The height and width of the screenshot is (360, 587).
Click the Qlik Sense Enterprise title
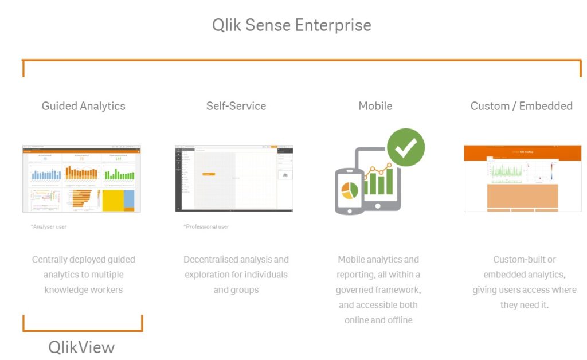pos(292,25)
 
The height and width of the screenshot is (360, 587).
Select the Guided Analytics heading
pos(83,106)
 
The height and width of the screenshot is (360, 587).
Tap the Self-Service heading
pos(236,106)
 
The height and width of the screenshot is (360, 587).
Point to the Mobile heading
pos(375,106)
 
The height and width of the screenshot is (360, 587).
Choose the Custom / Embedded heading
pos(521,106)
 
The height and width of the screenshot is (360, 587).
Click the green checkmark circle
pos(406,147)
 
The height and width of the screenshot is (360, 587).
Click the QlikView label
pos(81,347)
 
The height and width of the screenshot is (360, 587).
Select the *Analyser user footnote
pos(49,227)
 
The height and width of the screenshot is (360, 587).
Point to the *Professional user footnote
pos(206,227)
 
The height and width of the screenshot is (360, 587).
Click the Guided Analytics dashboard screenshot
pos(81,179)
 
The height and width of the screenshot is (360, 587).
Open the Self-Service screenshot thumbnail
pos(234,179)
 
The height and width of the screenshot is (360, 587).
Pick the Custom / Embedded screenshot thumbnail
pos(522,179)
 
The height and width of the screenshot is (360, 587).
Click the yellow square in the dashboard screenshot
pos(112,200)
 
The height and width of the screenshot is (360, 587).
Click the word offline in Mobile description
pos(399,320)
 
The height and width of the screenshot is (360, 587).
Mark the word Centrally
pos(50,260)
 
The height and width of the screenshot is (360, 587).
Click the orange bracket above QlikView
pos(82,330)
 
